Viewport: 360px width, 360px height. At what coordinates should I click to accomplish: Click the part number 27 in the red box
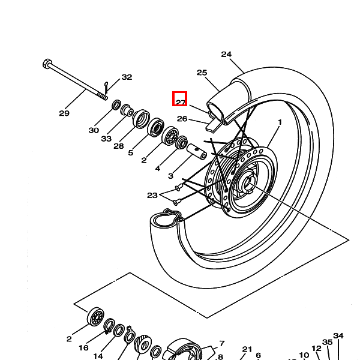point(181,102)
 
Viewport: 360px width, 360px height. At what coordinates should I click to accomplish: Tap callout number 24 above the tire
point(226,55)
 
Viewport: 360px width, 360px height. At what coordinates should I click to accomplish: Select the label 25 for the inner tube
point(202,73)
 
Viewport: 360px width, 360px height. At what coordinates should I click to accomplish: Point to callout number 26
point(182,119)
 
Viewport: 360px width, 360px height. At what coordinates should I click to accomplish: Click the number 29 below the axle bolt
point(64,113)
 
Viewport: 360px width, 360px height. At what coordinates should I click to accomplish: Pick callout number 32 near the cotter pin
point(127,77)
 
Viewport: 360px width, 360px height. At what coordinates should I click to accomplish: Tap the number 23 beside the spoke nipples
point(152,196)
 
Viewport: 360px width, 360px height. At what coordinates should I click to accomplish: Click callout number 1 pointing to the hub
point(280,122)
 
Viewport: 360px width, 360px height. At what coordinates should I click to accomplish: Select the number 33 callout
point(106,139)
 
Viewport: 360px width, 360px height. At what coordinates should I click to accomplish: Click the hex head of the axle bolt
point(47,64)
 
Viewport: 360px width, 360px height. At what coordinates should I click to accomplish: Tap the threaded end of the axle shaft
point(103,96)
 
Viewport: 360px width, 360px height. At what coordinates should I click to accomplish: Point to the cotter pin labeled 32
point(106,88)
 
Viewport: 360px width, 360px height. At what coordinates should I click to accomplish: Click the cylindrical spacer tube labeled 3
point(197,152)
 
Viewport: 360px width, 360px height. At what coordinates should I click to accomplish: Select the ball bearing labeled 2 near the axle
point(170,136)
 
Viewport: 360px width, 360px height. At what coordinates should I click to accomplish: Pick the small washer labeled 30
point(116,105)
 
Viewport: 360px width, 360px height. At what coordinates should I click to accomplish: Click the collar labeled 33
point(127,110)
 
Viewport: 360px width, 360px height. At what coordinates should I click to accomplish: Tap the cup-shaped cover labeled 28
point(141,119)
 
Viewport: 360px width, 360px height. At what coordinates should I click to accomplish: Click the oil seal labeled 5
point(155,128)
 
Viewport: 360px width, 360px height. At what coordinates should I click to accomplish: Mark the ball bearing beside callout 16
point(95,317)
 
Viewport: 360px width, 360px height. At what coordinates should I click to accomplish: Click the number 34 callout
point(338,336)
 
